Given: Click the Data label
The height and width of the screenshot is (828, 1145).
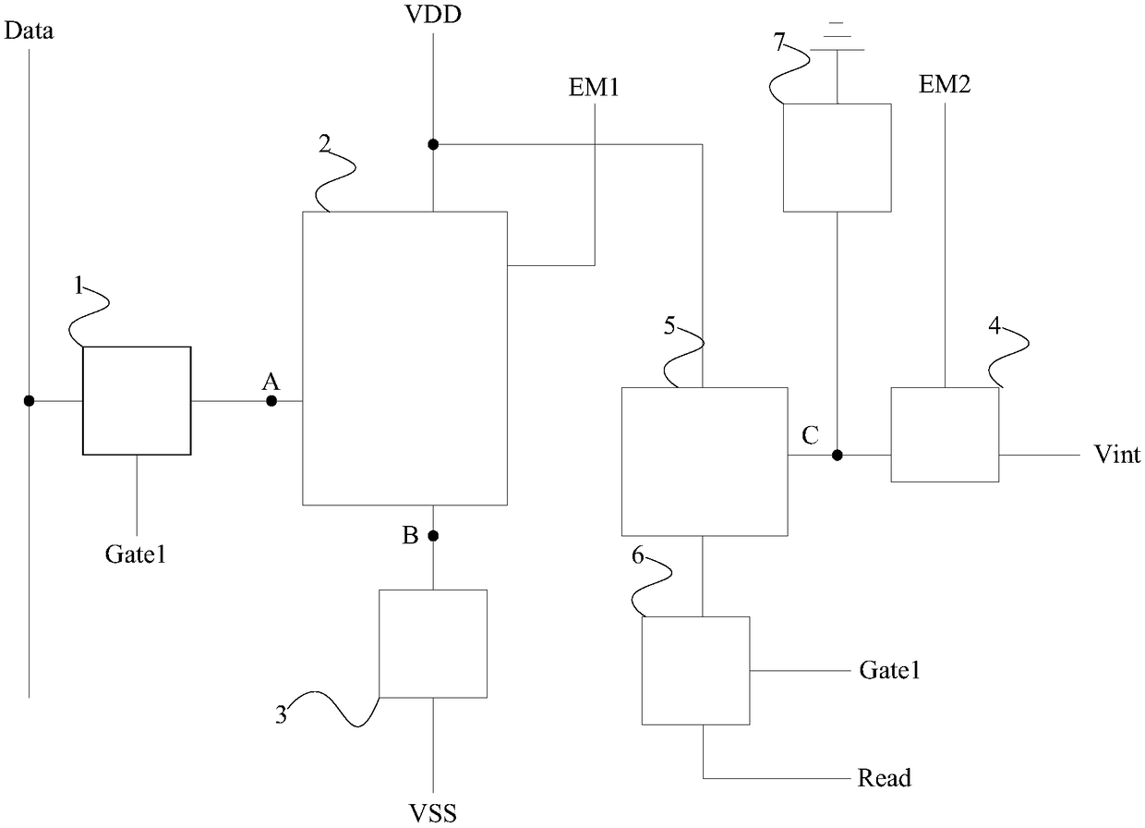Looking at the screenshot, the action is pyautogui.click(x=29, y=31).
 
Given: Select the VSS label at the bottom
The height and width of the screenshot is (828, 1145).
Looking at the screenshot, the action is pyautogui.click(x=432, y=812).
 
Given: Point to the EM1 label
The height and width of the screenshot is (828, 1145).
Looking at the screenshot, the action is pyautogui.click(x=594, y=88).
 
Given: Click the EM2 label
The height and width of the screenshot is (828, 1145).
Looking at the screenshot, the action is pyautogui.click(x=945, y=84).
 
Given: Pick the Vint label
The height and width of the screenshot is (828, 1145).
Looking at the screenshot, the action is pyautogui.click(x=1117, y=454).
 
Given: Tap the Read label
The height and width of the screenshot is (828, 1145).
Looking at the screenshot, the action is pyautogui.click(x=885, y=778).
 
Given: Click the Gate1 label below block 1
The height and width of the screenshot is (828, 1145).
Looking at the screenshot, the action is pyautogui.click(x=136, y=554).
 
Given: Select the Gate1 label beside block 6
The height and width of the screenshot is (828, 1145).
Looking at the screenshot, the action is pyautogui.click(x=890, y=670).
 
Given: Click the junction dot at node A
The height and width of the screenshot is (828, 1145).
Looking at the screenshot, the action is pyautogui.click(x=271, y=401).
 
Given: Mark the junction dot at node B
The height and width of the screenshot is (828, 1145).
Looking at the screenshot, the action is pyautogui.click(x=433, y=536).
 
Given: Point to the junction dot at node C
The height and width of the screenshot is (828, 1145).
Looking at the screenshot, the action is pyautogui.click(x=837, y=455).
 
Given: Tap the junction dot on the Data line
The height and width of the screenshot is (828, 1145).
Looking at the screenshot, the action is pyautogui.click(x=30, y=401).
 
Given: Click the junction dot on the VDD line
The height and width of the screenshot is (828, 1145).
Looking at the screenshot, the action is pyautogui.click(x=433, y=145).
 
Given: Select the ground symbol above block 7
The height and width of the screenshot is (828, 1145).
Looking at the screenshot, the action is pyautogui.click(x=837, y=37).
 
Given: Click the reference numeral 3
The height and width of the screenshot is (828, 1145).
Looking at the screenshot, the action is pyautogui.click(x=281, y=714).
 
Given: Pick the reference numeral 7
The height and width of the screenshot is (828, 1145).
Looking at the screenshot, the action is pyautogui.click(x=779, y=42).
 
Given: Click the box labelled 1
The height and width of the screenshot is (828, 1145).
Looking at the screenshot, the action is pyautogui.click(x=137, y=401).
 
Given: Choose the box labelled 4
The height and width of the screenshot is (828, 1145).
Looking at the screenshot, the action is pyautogui.click(x=945, y=434).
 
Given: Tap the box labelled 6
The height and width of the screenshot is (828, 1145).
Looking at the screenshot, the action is pyautogui.click(x=695, y=671).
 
